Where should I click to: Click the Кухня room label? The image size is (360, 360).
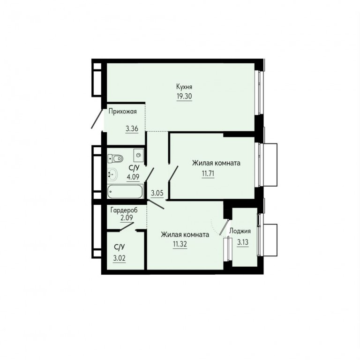click(184, 87)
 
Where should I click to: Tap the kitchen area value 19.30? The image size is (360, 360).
click(184, 96)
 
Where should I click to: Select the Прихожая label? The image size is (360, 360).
click(122, 112)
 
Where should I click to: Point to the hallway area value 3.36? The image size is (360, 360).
click(132, 128)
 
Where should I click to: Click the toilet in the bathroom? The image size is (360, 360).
click(115, 158)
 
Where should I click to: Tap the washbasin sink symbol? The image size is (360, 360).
click(112, 174)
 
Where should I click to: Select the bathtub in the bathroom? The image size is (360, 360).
click(125, 191)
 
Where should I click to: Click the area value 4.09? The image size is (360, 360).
click(133, 177)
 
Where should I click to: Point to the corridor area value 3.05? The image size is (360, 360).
click(157, 193)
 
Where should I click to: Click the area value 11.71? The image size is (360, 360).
click(208, 173)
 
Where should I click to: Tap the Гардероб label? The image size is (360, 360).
click(124, 210)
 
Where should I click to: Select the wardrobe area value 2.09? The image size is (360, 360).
click(127, 217)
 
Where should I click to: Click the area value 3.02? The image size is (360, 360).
click(119, 258)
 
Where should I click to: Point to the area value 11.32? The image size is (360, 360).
click(180, 244)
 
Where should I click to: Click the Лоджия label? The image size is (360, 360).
click(240, 231)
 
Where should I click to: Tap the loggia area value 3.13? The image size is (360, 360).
click(243, 242)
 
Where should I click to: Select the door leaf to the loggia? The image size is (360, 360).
click(224, 227)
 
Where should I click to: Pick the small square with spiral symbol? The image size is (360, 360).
click(138, 155)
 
